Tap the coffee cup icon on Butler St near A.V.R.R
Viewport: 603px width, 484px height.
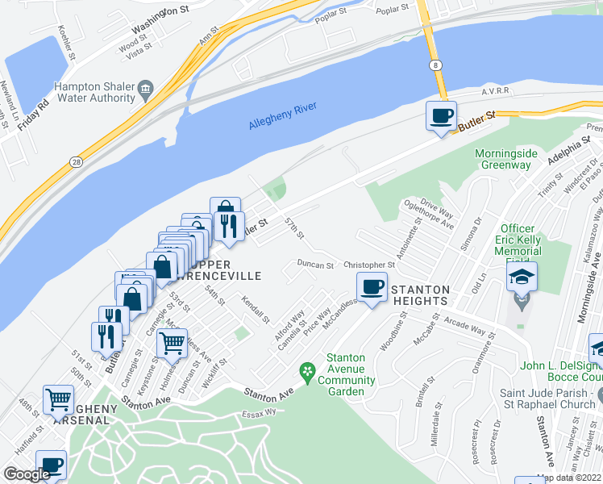tap(441, 116)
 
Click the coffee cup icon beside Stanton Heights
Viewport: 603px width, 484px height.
tap(372, 287)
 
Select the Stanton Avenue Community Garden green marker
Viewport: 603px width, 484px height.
tap(306, 372)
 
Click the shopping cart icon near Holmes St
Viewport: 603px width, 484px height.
tap(173, 343)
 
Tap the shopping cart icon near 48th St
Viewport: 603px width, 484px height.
tap(58, 399)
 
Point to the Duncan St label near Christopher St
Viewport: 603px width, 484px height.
tap(314, 265)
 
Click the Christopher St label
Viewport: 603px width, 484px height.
tap(368, 265)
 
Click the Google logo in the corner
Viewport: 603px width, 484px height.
tap(27, 474)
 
